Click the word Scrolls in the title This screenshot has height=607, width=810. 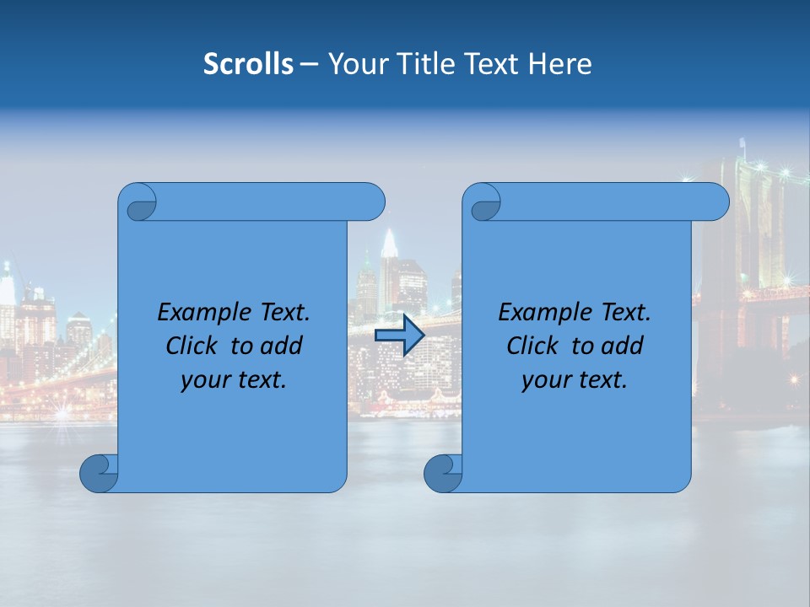[248, 64]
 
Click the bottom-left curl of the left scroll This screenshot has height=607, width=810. [98, 473]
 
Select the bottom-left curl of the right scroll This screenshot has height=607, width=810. [442, 473]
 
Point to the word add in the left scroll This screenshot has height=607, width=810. [283, 346]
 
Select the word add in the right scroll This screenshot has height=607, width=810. [624, 346]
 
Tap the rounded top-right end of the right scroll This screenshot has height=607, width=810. [718, 202]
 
